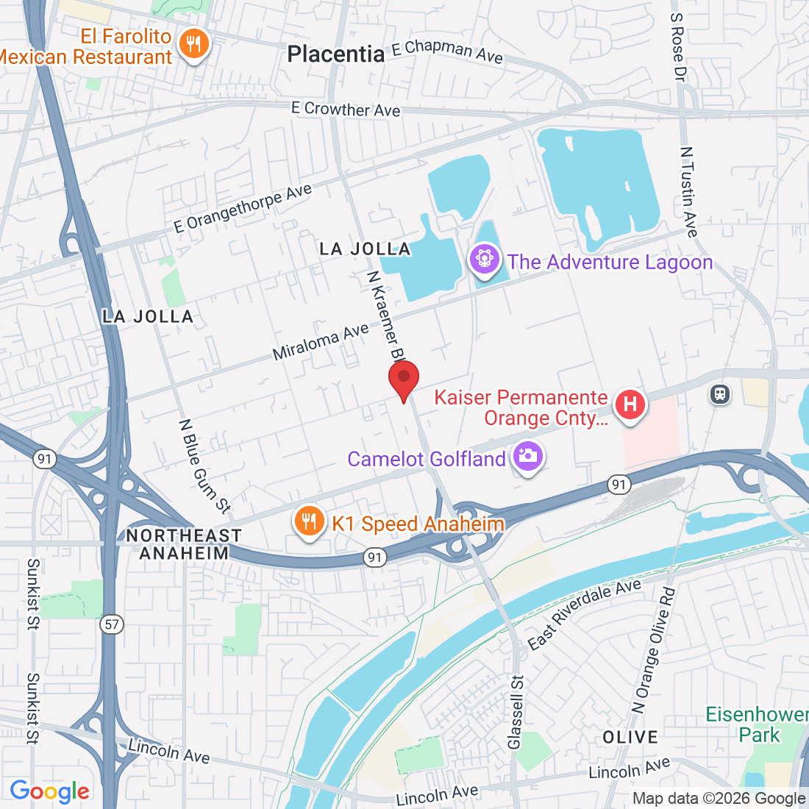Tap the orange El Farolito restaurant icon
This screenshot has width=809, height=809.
click(x=193, y=44)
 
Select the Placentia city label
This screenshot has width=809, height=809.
click(x=335, y=54)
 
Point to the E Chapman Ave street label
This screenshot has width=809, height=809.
click(x=447, y=51)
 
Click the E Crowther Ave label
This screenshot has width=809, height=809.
click(x=346, y=109)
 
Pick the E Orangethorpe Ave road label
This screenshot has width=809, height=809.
click(x=243, y=209)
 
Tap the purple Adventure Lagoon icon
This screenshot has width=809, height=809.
click(x=485, y=260)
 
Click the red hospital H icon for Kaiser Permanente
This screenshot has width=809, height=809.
click(x=630, y=404)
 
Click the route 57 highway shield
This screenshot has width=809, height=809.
click(x=111, y=624)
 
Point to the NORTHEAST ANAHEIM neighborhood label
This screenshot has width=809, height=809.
click(x=183, y=544)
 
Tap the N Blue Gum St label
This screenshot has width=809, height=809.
click(x=204, y=466)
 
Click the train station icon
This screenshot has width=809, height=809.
click(x=720, y=393)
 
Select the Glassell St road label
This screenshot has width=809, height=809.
click(x=516, y=712)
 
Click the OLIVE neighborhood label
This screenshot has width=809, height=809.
click(x=630, y=737)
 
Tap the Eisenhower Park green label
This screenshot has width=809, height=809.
click(x=756, y=724)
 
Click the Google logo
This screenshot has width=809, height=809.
click(x=49, y=791)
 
